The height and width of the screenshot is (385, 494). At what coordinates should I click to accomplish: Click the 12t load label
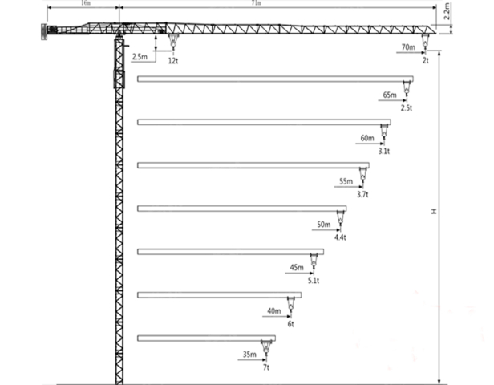pyautogui.click(x=173, y=61)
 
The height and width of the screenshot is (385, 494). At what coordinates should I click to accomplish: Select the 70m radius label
pyautogui.click(x=408, y=47)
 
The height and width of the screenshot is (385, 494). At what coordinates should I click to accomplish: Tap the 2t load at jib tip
pyautogui.click(x=426, y=60)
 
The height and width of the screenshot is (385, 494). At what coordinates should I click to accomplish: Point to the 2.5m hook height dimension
pyautogui.click(x=140, y=57)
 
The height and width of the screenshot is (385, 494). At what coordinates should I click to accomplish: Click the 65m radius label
pyautogui.click(x=390, y=95)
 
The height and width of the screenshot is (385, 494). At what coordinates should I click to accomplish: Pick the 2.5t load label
pyautogui.click(x=407, y=108)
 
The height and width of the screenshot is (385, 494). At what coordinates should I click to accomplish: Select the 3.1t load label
pyautogui.click(x=384, y=152)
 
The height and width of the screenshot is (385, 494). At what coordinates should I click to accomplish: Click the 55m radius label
pyautogui.click(x=346, y=181)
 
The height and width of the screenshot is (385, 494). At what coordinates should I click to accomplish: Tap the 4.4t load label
pyautogui.click(x=340, y=237)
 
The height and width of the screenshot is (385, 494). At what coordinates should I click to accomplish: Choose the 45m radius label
pyautogui.click(x=297, y=267)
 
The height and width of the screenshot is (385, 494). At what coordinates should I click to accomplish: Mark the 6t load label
pyautogui.click(x=290, y=324)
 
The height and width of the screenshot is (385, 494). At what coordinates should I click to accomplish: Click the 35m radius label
pyautogui.click(x=249, y=355)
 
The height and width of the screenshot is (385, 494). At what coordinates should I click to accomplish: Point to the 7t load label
pyautogui.click(x=266, y=367)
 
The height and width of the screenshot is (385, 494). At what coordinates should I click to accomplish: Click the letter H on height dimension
pyautogui.click(x=434, y=211)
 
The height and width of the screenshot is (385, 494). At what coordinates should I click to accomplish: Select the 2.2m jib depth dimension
pyautogui.click(x=447, y=11)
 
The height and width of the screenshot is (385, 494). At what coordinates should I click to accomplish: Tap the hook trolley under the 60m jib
pyautogui.click(x=384, y=132)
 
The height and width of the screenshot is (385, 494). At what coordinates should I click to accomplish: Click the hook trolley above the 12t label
pyautogui.click(x=173, y=42)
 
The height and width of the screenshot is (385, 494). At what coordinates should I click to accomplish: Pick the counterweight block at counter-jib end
pyautogui.click(x=44, y=32)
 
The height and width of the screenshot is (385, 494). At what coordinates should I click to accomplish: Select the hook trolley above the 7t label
pyautogui.click(x=266, y=347)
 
